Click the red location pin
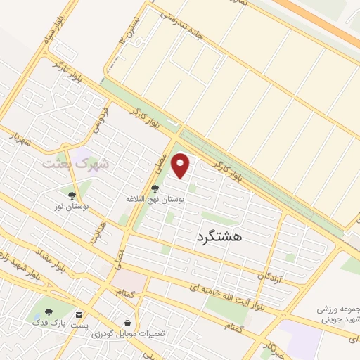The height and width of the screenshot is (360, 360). coord(181,165)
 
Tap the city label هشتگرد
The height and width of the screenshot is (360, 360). coord(216,237)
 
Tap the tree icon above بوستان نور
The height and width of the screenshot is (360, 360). coord(72,195)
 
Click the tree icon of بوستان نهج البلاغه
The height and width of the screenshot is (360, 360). coord(155,188)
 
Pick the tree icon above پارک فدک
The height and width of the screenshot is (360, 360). coord(49,313)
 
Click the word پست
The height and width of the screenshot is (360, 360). coord(79,325)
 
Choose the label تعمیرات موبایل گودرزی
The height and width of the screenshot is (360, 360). coord(127,334)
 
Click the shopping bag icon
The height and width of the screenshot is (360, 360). coord(127,322)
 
